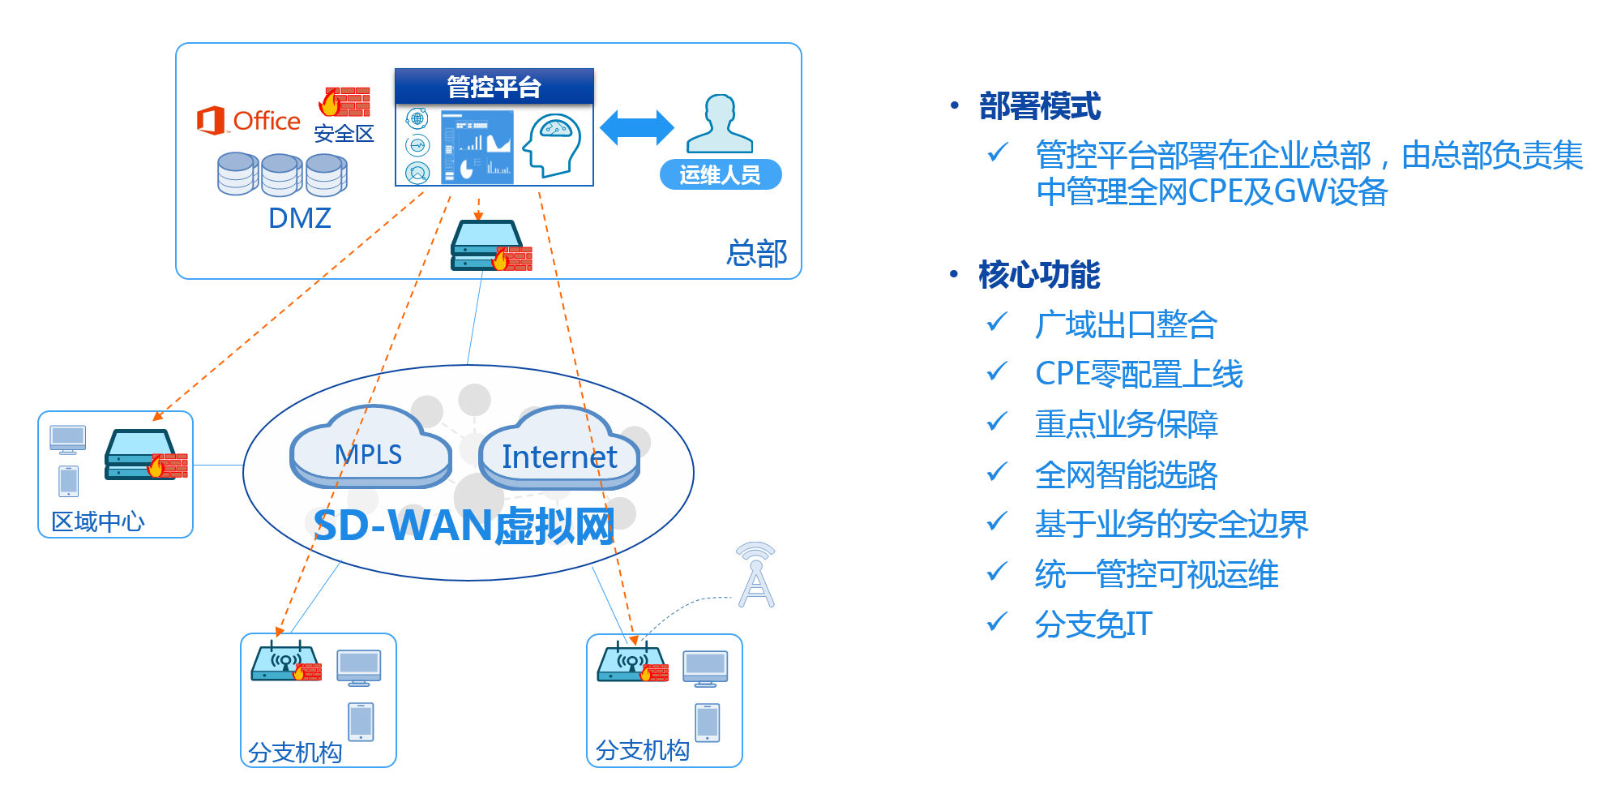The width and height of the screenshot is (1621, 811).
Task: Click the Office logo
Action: [x=248, y=121]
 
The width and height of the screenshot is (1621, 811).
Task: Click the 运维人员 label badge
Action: [x=720, y=175]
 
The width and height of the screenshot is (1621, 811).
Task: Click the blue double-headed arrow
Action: [x=637, y=128]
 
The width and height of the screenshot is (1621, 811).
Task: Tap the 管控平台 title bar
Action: [x=494, y=86]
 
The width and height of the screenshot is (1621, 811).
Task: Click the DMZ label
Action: [x=300, y=218]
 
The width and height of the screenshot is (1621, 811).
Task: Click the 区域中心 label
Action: [x=98, y=521]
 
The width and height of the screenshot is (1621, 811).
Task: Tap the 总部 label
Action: [x=756, y=253]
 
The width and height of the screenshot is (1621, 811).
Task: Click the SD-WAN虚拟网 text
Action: [x=464, y=526]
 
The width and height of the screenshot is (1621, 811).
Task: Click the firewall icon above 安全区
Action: [x=345, y=102]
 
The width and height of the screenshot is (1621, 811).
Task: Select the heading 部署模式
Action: [x=1040, y=106]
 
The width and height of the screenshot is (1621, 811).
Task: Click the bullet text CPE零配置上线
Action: [x=1139, y=374]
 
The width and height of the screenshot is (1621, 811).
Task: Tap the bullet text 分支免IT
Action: [x=1093, y=624]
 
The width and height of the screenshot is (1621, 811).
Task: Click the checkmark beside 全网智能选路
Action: [x=997, y=472]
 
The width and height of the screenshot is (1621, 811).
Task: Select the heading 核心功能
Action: [x=1039, y=275]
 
